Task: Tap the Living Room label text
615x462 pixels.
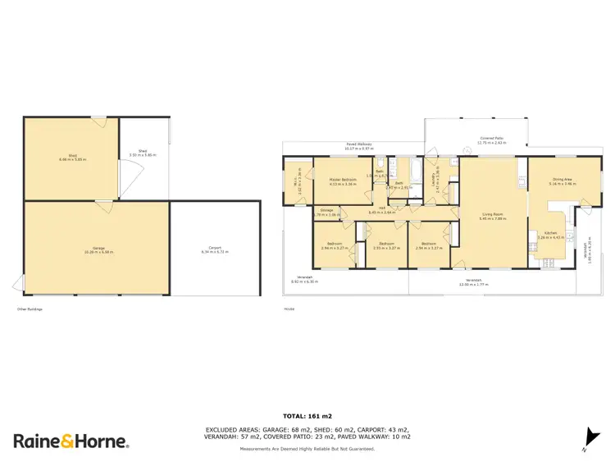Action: click(x=492, y=215)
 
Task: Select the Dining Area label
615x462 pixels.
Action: click(x=561, y=180)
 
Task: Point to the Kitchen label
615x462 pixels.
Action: click(x=550, y=233)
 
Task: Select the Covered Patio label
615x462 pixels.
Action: click(x=492, y=139)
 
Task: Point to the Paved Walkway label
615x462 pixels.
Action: click(x=358, y=144)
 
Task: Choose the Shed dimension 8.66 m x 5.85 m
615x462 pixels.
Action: click(x=72, y=159)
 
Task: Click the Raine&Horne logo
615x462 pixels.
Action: click(x=71, y=441)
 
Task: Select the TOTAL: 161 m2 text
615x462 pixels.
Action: click(x=307, y=417)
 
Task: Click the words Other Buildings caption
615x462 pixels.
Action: click(x=30, y=309)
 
